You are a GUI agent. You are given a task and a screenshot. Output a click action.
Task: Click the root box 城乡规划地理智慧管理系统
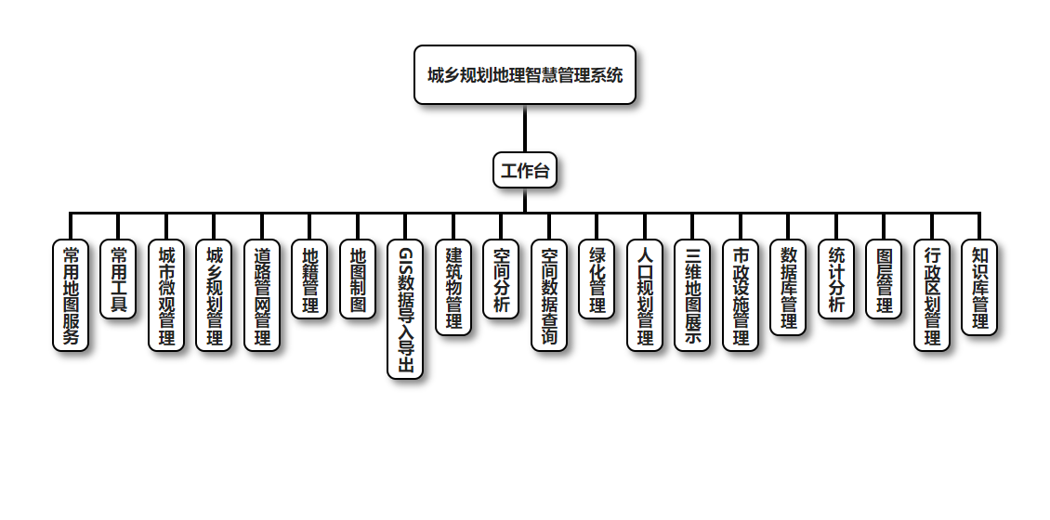(525, 75)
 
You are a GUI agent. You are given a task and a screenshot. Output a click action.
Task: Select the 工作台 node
(525, 170)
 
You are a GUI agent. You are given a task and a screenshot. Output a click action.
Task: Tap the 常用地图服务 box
(71, 295)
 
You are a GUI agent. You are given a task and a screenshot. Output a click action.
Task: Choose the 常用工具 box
(118, 279)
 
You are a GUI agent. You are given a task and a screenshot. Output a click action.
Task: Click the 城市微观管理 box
(166, 295)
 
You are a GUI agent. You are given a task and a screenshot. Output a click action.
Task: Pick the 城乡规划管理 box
(214, 295)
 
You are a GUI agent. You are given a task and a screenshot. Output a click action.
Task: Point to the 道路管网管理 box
(262, 295)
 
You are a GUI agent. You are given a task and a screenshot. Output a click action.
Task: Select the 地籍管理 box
(309, 279)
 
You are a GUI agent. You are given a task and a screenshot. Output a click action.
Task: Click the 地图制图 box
(358, 279)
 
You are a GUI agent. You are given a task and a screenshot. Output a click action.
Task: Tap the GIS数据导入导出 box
(405, 309)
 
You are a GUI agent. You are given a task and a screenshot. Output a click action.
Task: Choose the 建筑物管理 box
(453, 288)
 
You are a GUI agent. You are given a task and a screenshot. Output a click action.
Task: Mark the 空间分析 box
(501, 279)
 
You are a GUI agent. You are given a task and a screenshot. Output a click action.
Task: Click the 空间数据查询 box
(549, 295)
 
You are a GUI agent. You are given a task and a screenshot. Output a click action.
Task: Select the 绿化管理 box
(597, 279)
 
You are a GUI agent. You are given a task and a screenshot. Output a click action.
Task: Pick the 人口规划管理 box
(645, 295)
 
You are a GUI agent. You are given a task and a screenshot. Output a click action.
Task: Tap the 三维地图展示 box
(692, 295)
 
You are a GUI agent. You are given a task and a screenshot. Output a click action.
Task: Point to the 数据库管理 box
(788, 288)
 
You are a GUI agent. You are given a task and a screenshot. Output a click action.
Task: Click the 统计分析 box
(836, 279)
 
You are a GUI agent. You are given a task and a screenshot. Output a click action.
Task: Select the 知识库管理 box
(979, 288)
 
